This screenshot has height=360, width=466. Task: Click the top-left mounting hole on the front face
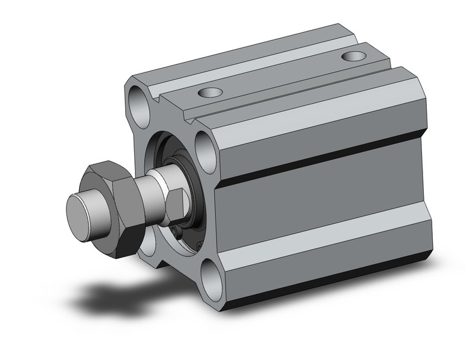[139, 101]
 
